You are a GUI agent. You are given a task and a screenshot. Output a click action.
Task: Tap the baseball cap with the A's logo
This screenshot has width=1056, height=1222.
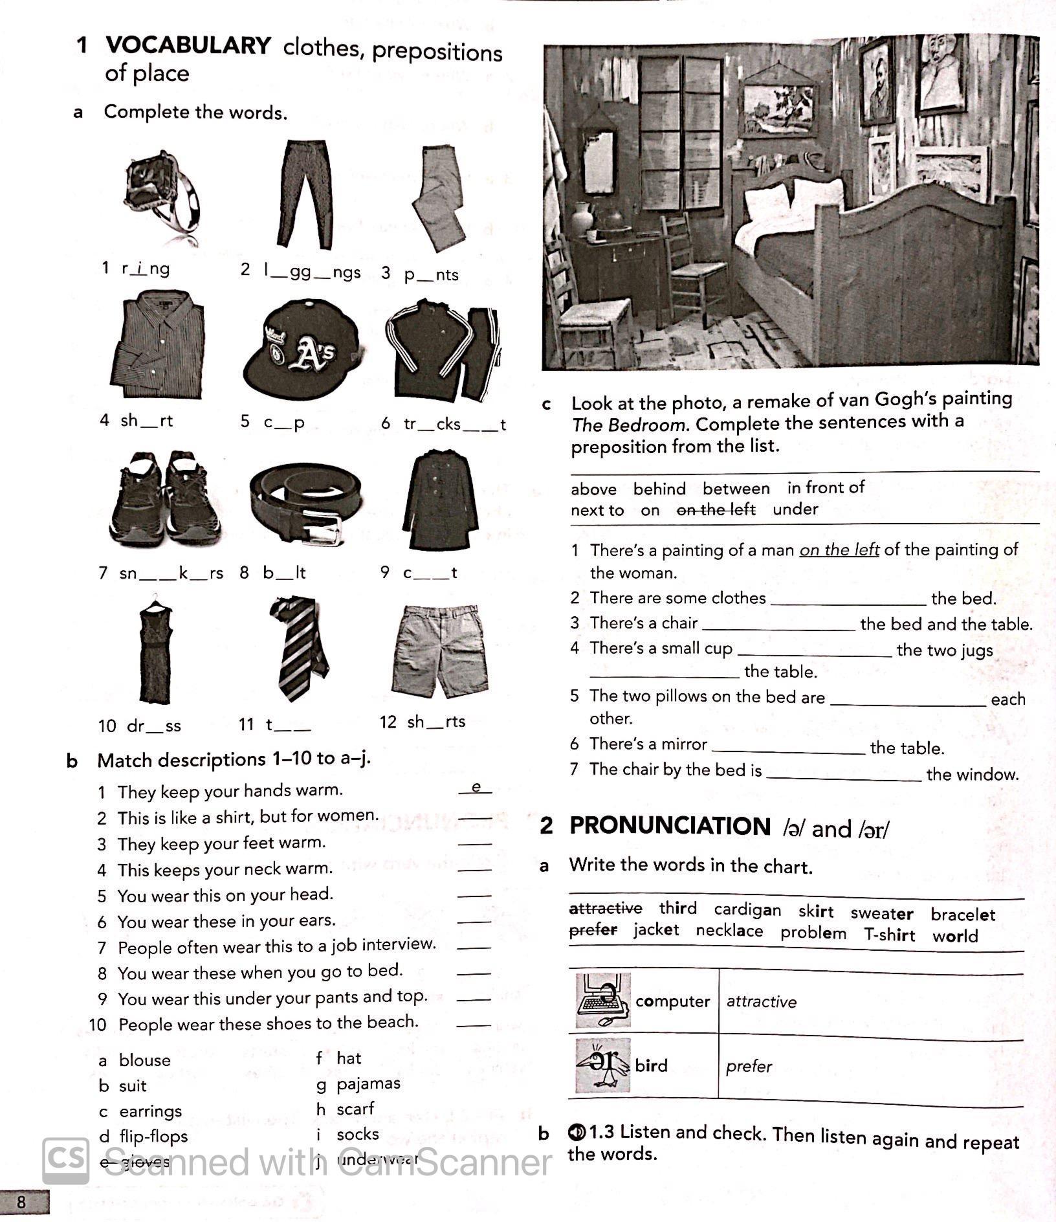pyautogui.click(x=301, y=350)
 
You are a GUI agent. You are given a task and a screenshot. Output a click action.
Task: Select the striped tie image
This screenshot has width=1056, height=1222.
pyautogui.click(x=299, y=647)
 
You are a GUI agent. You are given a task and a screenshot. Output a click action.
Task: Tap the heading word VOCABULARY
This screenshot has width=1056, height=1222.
pyautogui.click(x=188, y=45)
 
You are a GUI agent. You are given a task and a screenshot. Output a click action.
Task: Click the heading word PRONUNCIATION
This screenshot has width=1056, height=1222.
pyautogui.click(x=670, y=827)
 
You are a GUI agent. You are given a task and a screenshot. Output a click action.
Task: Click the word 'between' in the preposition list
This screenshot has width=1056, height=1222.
pyautogui.click(x=736, y=489)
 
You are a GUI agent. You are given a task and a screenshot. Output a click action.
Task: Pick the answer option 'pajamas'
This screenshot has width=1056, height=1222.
pyautogui.click(x=368, y=1083)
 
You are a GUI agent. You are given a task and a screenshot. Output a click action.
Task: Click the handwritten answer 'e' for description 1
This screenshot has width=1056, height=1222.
pyautogui.click(x=476, y=787)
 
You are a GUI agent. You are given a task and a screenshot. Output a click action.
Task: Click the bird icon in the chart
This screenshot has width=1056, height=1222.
pyautogui.click(x=602, y=1065)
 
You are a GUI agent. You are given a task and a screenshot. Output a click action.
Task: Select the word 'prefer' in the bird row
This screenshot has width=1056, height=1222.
pyautogui.click(x=749, y=1066)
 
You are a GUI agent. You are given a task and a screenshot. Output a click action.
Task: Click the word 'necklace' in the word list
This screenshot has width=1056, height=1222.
pyautogui.click(x=729, y=931)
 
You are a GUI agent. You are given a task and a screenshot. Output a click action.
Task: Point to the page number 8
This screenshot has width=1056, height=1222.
pyautogui.click(x=21, y=1202)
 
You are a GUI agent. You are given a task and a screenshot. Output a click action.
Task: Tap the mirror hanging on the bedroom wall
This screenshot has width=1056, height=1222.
pyautogui.click(x=599, y=162)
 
